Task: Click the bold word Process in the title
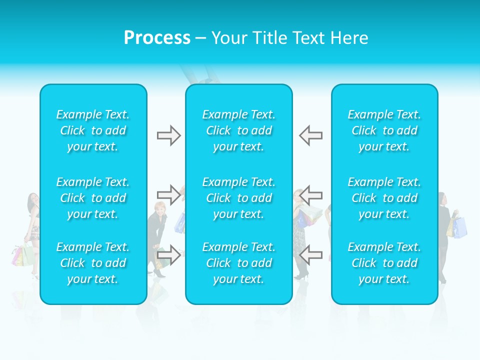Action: click(157, 38)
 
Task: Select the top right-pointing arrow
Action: click(168, 135)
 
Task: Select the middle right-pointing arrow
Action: click(168, 194)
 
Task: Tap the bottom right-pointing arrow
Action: click(168, 254)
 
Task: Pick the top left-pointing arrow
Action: click(310, 135)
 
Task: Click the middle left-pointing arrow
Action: click(310, 194)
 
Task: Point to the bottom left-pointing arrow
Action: click(310, 254)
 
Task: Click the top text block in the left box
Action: click(93, 130)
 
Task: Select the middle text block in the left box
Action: click(93, 198)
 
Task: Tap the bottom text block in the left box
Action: click(93, 263)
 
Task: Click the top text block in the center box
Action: click(239, 130)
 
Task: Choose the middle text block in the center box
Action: click(239, 198)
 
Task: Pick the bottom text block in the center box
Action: click(239, 263)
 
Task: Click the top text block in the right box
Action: click(384, 130)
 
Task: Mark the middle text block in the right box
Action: click(384, 198)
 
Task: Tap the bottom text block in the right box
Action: click(384, 263)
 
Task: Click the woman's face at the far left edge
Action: click(32, 199)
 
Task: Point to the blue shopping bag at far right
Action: click(460, 227)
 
